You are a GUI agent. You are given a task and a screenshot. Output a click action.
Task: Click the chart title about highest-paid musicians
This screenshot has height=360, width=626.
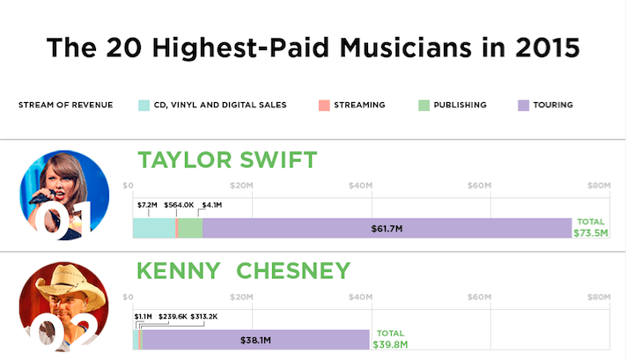[313, 47]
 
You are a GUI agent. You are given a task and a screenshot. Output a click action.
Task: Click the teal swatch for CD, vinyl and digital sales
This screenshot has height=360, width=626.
[144, 105]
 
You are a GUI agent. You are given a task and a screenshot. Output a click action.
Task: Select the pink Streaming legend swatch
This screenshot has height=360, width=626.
[325, 105]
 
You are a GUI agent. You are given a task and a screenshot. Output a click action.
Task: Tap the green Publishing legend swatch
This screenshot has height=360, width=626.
[423, 105]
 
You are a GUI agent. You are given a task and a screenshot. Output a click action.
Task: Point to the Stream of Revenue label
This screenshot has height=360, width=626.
[65, 105]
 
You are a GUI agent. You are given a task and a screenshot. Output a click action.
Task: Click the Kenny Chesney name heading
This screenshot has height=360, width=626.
[244, 270]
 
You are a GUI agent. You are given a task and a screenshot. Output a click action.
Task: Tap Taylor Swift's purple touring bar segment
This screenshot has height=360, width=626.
[387, 228]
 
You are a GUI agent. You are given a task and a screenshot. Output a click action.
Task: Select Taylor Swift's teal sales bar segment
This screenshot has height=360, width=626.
[153, 228]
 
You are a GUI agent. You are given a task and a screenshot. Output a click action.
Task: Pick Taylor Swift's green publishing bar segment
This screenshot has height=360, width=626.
[190, 228]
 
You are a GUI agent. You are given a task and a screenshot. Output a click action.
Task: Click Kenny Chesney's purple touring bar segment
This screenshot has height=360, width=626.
[255, 339]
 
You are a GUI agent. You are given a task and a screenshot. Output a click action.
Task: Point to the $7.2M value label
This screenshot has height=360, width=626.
[147, 205]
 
